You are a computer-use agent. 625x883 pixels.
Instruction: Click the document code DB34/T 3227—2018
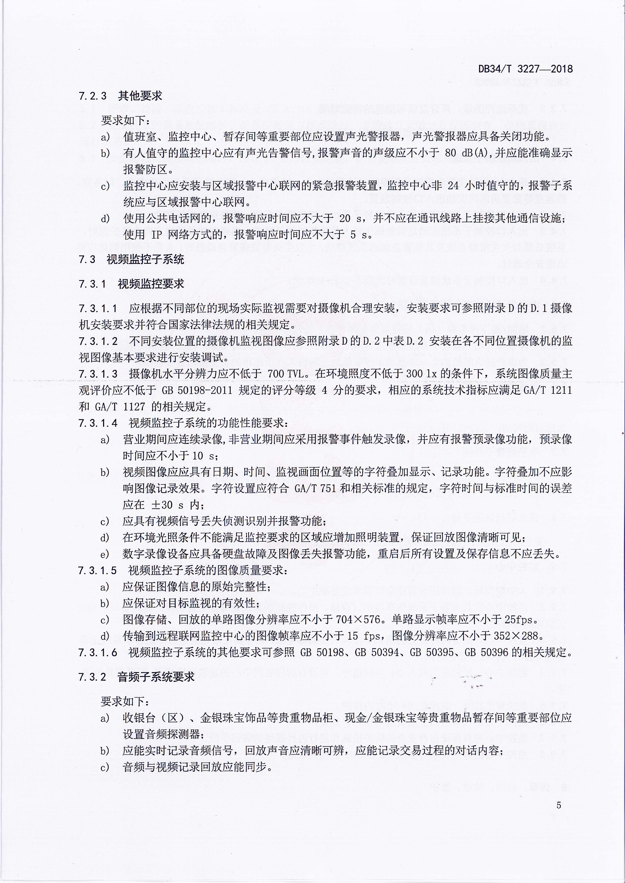(525, 69)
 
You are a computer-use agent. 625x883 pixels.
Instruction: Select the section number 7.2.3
(92, 96)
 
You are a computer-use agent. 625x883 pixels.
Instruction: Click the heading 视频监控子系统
(145, 259)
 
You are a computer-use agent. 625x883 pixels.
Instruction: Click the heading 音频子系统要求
(156, 677)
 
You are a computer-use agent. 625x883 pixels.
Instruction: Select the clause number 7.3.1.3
(98, 374)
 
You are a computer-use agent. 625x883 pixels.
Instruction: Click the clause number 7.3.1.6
(98, 652)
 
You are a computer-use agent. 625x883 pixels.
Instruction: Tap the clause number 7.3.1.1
(98, 308)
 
